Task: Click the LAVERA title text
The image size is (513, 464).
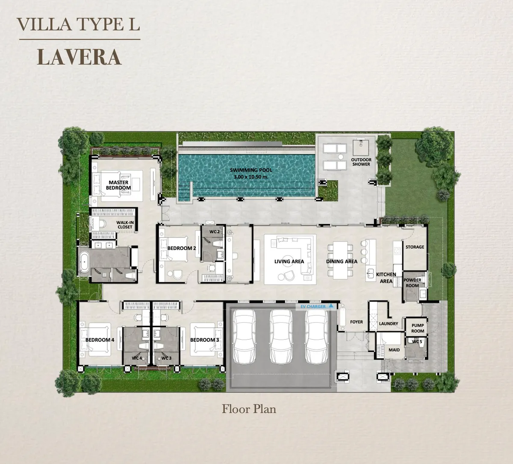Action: tap(80, 57)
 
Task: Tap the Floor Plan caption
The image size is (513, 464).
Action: tap(249, 409)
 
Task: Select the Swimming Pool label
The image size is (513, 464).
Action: tap(251, 173)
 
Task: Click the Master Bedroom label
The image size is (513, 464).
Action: tap(118, 185)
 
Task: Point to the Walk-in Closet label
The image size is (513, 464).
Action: tap(125, 225)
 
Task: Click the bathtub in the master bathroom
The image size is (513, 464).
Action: tap(84, 262)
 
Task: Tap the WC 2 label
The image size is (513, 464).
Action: tap(214, 231)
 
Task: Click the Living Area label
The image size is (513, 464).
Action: tap(289, 261)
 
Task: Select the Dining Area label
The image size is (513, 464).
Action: tap(342, 261)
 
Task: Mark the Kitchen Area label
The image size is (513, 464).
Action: tap(386, 278)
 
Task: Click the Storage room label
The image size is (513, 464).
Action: tap(415, 247)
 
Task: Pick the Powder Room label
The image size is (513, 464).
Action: tap(413, 283)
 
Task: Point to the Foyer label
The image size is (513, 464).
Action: tap(356, 322)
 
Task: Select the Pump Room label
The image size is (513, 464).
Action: tap(418, 328)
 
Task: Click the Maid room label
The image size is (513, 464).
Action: tap(394, 350)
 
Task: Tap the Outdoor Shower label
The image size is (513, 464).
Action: tap(361, 162)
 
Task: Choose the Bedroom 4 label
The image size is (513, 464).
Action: tap(100, 340)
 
